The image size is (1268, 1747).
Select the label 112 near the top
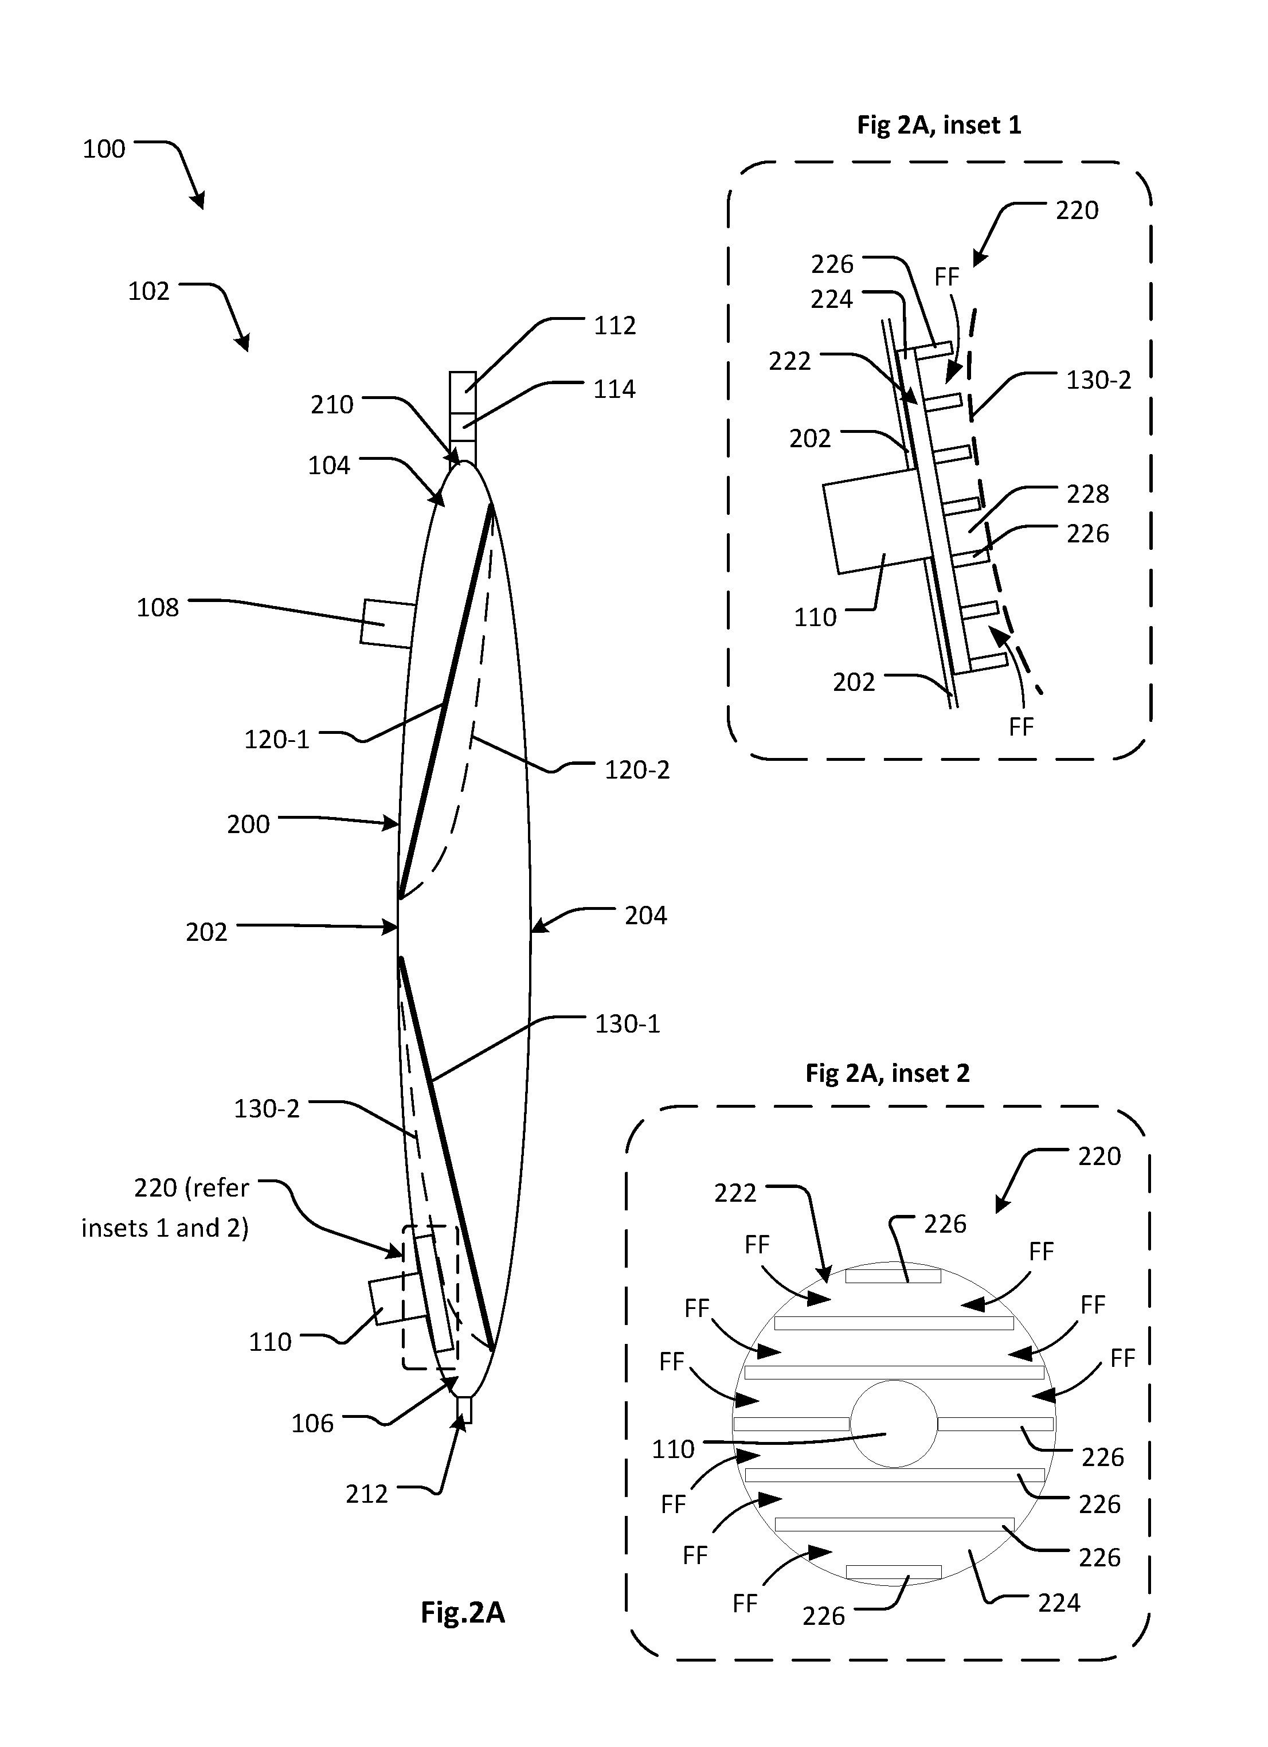coord(615,325)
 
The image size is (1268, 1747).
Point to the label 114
coord(615,389)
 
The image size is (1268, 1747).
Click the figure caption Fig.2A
coord(462,1612)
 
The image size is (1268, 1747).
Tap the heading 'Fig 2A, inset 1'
coord(939,125)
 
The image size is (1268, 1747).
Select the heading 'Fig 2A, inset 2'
coord(887,1073)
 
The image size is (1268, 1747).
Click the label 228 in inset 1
coord(1088,493)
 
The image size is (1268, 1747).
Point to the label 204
coord(645,915)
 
